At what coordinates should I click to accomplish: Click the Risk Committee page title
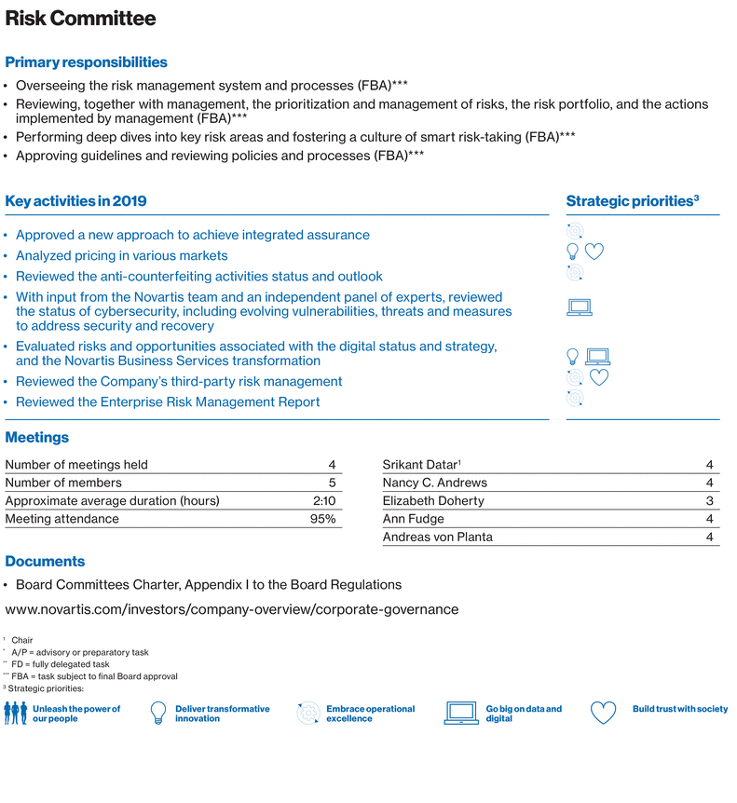[x=81, y=20]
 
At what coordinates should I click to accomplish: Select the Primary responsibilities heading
[x=87, y=62]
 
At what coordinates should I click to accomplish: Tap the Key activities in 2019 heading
[x=75, y=201]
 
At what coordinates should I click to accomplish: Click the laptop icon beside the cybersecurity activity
[x=580, y=307]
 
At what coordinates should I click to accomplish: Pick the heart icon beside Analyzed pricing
[x=595, y=251]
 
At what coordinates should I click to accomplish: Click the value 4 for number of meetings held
[x=332, y=465]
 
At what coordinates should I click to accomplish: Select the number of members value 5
[x=332, y=483]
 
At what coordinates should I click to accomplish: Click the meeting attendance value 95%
[x=322, y=519]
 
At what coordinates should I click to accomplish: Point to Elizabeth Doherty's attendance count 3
[x=710, y=500]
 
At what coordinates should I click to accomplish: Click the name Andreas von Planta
[x=437, y=537]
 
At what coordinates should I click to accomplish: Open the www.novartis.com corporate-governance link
[x=232, y=609]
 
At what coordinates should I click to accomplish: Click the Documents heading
[x=45, y=562]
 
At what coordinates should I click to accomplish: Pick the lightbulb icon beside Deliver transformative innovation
[x=157, y=714]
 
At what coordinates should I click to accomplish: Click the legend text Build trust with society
[x=679, y=709]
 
